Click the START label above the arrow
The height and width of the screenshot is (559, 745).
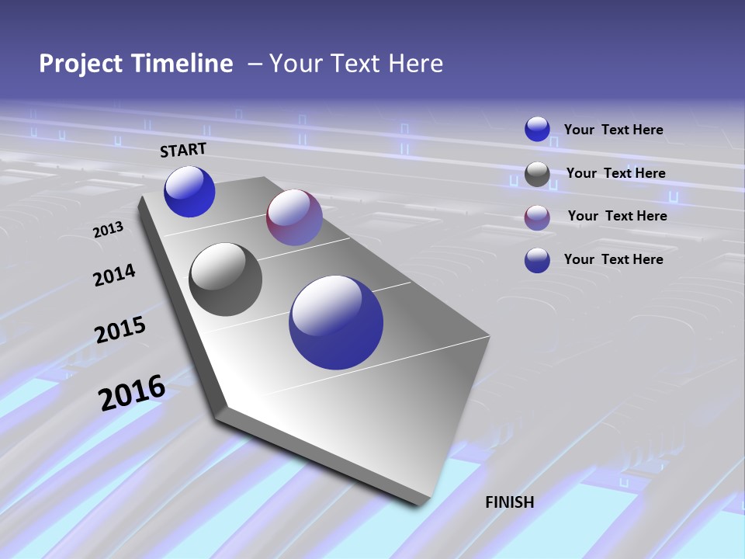pos(183,150)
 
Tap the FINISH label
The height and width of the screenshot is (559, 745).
pos(509,502)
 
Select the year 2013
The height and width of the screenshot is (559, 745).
pos(108,230)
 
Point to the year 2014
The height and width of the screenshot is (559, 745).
pos(114,275)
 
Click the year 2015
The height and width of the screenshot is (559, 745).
pos(120,330)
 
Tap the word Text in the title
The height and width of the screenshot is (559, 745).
pos(355,64)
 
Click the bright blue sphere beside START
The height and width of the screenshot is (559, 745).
pos(189,192)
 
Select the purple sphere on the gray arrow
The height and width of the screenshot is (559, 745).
pos(294,217)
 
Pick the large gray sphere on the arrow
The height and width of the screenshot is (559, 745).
pos(225,279)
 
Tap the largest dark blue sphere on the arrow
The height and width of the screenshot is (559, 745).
pos(336,322)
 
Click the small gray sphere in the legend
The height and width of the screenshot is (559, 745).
pos(537,175)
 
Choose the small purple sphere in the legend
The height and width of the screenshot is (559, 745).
pos(537,217)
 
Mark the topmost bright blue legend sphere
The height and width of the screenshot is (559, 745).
pos(537,130)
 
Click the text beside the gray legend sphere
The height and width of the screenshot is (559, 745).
pos(615,173)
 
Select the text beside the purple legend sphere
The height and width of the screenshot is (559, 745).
pos(617,216)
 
